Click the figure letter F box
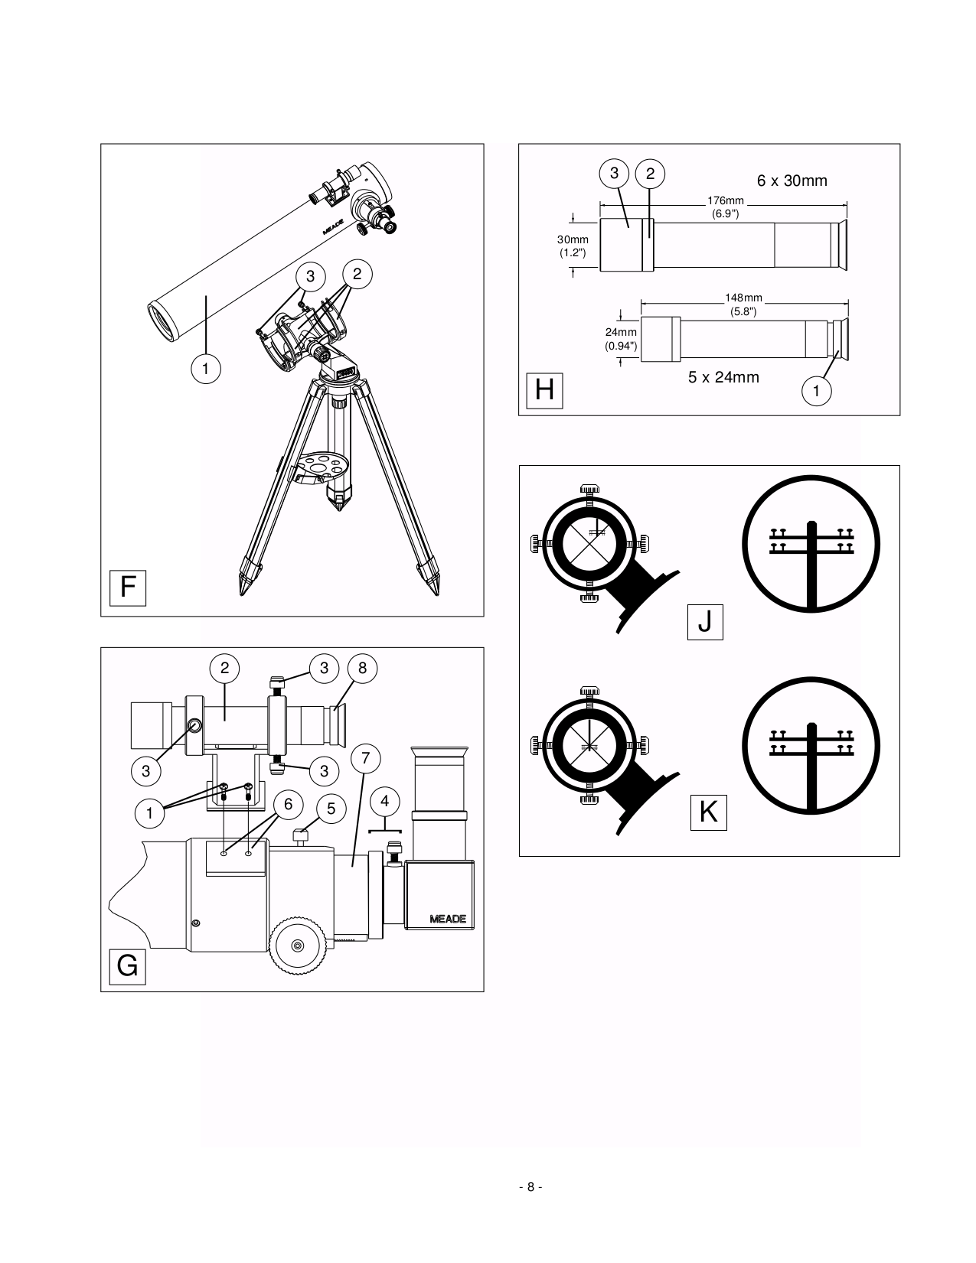click(x=127, y=588)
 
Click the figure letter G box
click(x=127, y=966)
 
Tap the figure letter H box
click(x=544, y=390)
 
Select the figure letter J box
click(x=705, y=622)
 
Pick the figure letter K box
click(x=708, y=812)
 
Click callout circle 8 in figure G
click(x=362, y=668)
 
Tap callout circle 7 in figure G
click(x=365, y=758)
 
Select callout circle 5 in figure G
click(x=331, y=809)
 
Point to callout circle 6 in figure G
click(x=288, y=804)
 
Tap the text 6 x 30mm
click(x=792, y=181)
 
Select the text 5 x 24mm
click(x=723, y=376)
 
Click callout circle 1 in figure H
click(x=816, y=392)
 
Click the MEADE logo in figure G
click(x=447, y=919)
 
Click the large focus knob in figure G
click(x=299, y=946)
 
